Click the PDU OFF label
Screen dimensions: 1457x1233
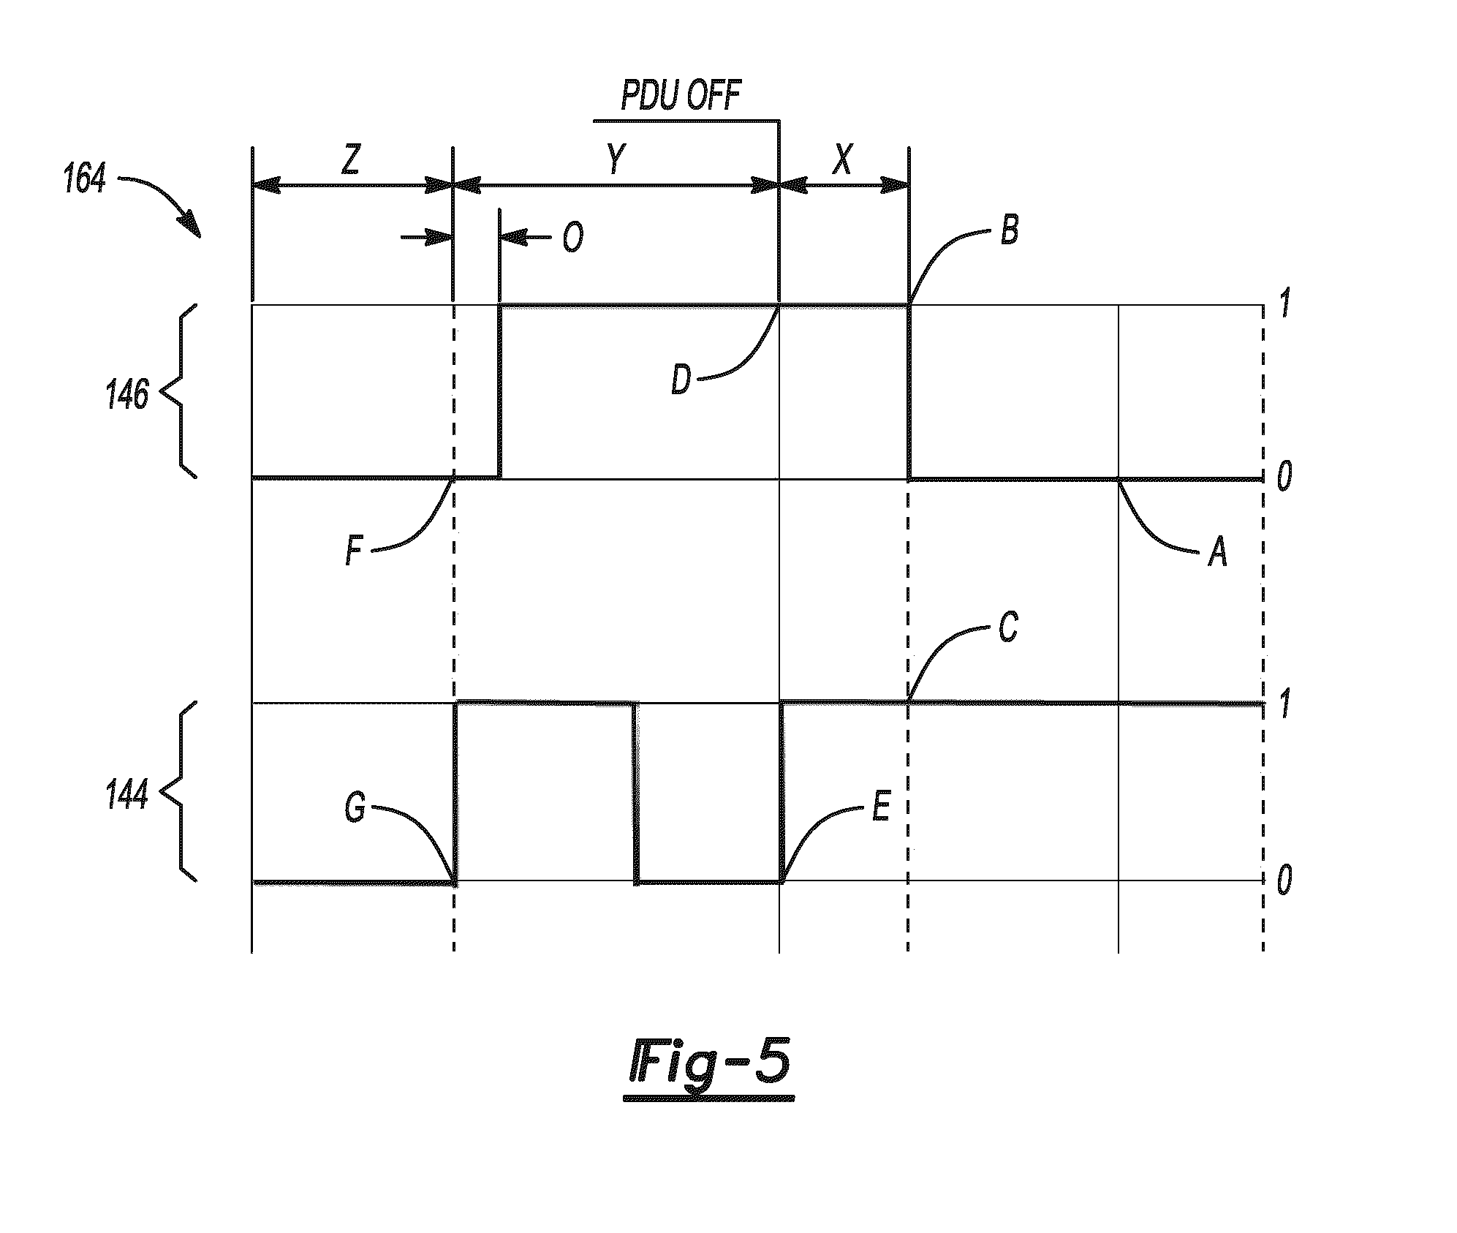681,96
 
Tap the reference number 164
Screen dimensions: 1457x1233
85,178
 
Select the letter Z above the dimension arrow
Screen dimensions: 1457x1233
351,159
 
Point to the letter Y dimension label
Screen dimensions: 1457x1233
617,159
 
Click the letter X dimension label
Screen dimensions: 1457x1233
843,159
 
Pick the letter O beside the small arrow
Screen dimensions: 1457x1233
572,238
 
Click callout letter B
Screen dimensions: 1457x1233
1009,231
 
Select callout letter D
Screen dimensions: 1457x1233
681,380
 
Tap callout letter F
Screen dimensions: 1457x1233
354,551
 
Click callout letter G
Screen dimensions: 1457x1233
355,809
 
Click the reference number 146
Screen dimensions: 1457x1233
127,396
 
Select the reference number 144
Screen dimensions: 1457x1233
127,794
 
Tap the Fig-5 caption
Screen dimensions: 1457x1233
709,1067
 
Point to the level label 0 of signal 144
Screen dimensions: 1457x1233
1284,881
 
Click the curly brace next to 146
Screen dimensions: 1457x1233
178,391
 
